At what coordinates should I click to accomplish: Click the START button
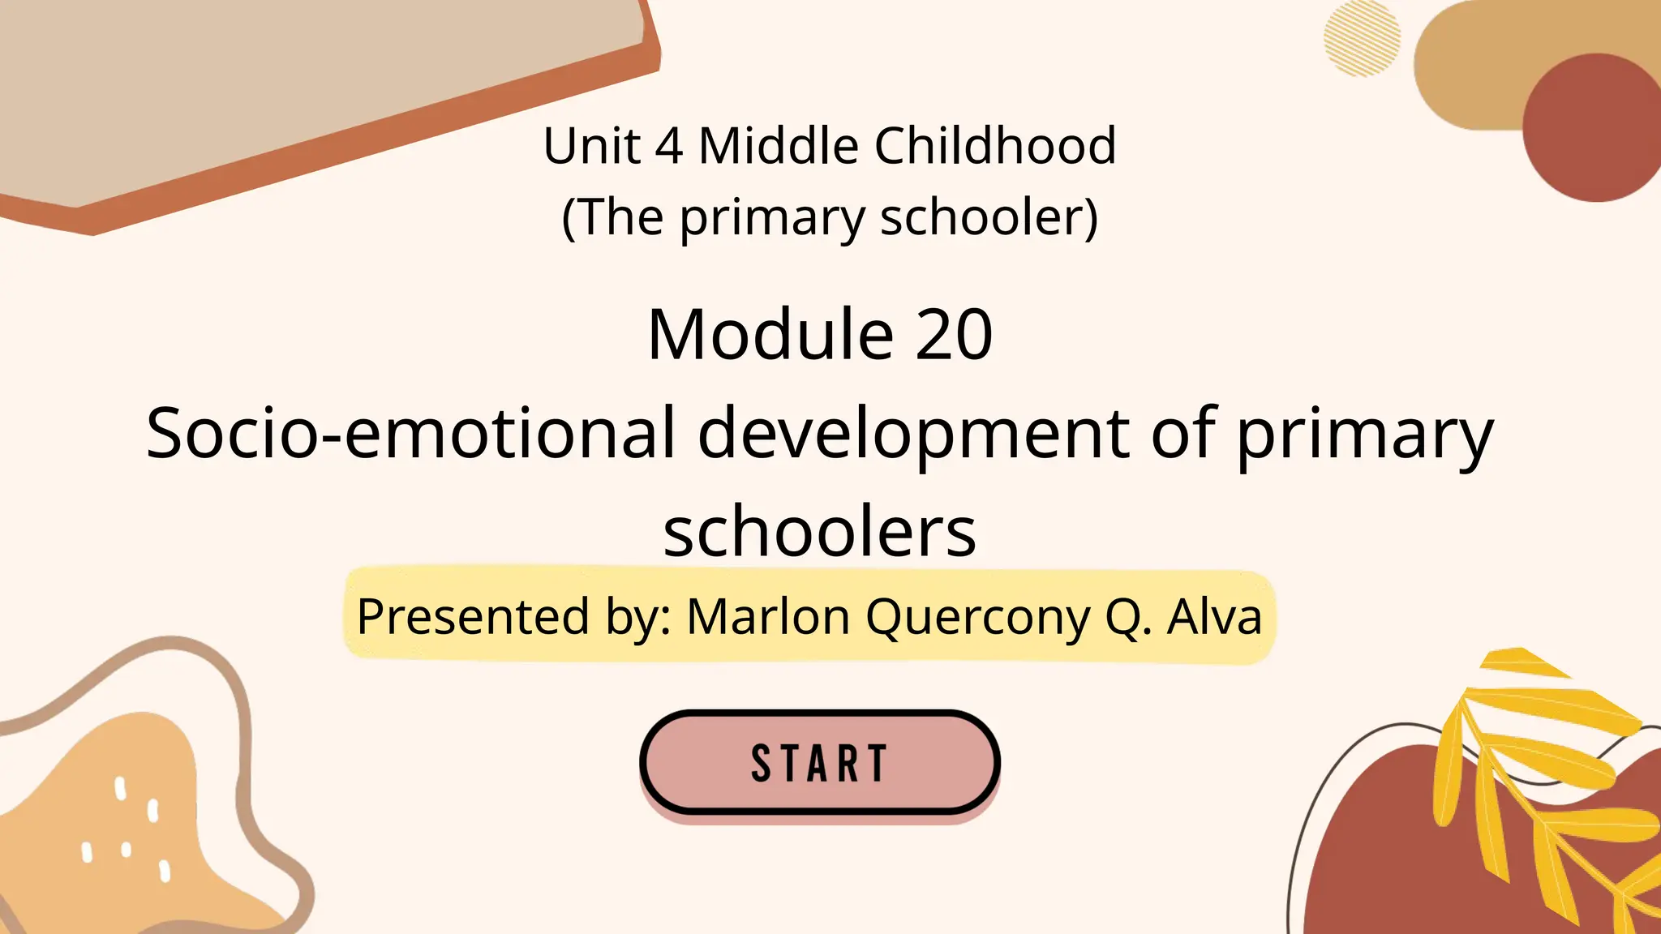tap(819, 762)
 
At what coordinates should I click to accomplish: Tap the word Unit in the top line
tap(591, 146)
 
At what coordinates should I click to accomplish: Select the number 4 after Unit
tap(668, 146)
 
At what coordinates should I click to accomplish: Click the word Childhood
tap(994, 146)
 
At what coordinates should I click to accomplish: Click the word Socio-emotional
tap(410, 434)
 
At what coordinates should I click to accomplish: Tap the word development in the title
tap(913, 434)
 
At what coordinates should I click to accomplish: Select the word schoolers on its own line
tap(819, 532)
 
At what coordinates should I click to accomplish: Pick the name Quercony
tap(978, 618)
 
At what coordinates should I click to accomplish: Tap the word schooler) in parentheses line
tap(989, 217)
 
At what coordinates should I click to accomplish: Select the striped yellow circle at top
tap(1362, 38)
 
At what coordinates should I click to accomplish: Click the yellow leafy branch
tap(1541, 778)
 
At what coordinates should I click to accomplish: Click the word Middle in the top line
tap(778, 146)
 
